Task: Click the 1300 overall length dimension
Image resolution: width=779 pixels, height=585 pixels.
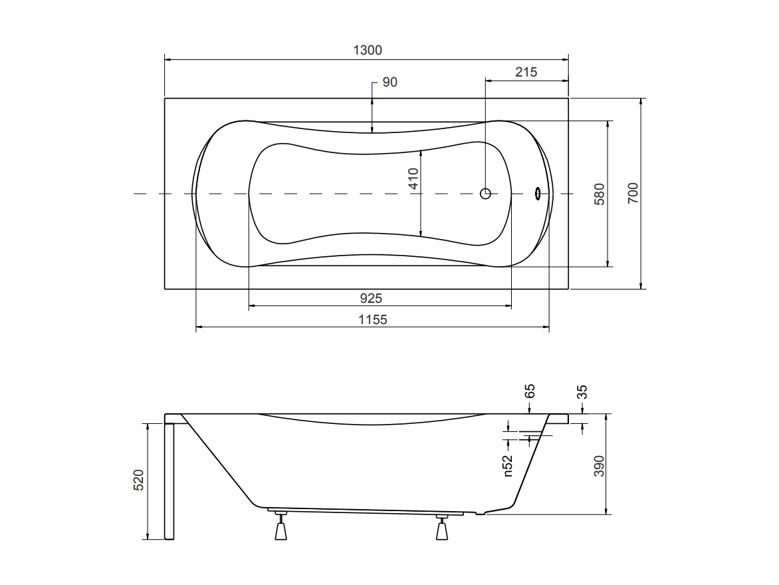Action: click(368, 50)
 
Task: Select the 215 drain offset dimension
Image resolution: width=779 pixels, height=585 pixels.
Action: click(526, 72)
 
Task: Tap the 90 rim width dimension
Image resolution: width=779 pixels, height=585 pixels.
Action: click(390, 82)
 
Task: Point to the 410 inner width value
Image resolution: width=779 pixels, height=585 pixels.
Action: click(413, 178)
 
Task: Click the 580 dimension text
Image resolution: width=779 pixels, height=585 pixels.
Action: click(600, 194)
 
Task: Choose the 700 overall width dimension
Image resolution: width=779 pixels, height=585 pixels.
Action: click(633, 193)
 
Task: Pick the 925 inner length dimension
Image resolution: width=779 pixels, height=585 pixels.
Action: click(371, 298)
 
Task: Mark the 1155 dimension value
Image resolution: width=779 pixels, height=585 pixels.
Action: click(373, 319)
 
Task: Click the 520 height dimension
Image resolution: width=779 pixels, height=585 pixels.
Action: click(139, 480)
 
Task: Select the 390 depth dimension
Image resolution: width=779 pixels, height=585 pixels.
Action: click(600, 466)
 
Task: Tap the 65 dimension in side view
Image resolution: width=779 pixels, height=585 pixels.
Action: click(530, 391)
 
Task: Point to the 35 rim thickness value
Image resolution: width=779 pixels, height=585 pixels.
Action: click(583, 392)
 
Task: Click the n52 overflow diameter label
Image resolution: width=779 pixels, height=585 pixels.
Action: click(508, 466)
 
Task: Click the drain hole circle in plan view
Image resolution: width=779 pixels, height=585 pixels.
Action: click(485, 194)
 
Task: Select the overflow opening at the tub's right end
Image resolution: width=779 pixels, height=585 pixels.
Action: click(538, 194)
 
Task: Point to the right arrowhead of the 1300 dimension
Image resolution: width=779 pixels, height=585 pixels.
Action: click(566, 60)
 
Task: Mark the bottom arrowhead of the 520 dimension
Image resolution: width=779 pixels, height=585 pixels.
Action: click(148, 536)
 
